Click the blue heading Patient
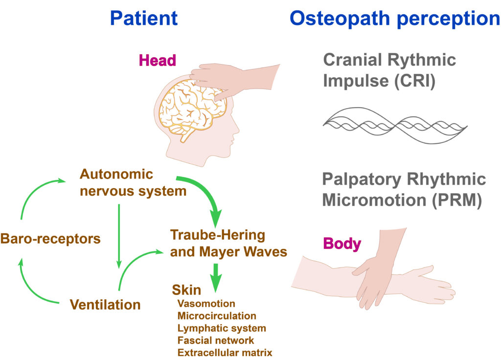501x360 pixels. click(x=143, y=19)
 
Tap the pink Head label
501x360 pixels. click(x=157, y=61)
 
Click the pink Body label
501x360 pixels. click(x=342, y=243)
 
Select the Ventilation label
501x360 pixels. click(x=105, y=305)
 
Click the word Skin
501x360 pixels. click(x=186, y=290)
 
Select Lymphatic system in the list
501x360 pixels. click(x=222, y=328)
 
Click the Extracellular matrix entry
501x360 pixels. click(x=225, y=352)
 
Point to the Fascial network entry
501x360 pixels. click(x=216, y=340)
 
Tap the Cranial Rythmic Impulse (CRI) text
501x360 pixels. click(x=389, y=70)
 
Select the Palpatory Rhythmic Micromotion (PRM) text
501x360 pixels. click(x=404, y=189)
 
